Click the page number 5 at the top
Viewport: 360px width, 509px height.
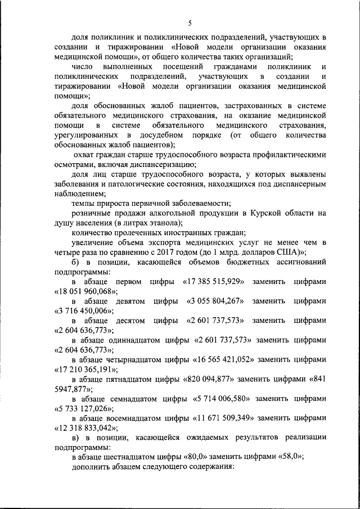190,23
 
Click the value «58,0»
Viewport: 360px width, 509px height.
286,457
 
